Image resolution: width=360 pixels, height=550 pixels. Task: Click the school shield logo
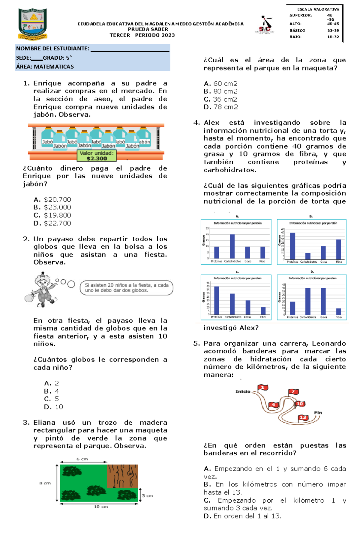coord(33,24)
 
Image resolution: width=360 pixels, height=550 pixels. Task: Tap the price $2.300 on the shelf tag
coord(97,159)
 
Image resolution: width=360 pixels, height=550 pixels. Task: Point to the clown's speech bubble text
coord(126,288)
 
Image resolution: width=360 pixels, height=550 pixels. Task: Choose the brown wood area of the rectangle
coord(122,476)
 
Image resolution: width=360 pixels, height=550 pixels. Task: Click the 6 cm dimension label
coord(82,459)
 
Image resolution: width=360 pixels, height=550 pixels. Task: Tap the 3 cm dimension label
coord(147,496)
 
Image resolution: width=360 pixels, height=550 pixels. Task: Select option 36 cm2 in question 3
coord(225,99)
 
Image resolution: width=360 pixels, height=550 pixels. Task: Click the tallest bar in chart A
coord(232,246)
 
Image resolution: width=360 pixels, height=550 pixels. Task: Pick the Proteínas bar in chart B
coord(292,246)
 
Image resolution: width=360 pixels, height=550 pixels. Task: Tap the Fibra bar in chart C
coord(263,311)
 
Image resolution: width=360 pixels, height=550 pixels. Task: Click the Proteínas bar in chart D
coord(292,308)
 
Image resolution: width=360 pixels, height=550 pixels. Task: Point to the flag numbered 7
coord(293,392)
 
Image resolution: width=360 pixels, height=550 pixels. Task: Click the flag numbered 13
coord(303,418)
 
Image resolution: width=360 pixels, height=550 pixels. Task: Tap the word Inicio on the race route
coord(243,391)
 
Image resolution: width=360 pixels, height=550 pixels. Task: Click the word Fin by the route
coord(318,413)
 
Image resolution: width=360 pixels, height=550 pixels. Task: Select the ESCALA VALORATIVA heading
coord(318,9)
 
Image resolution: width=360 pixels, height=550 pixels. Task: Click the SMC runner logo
coord(265,25)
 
